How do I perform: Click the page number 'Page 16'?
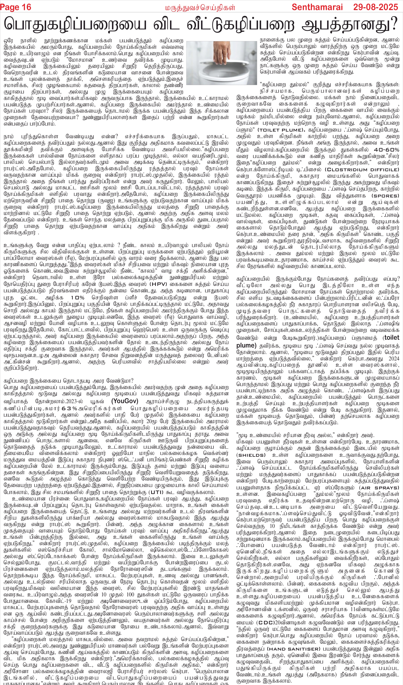click(16, 7)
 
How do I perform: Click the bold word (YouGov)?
click(125, 401)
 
